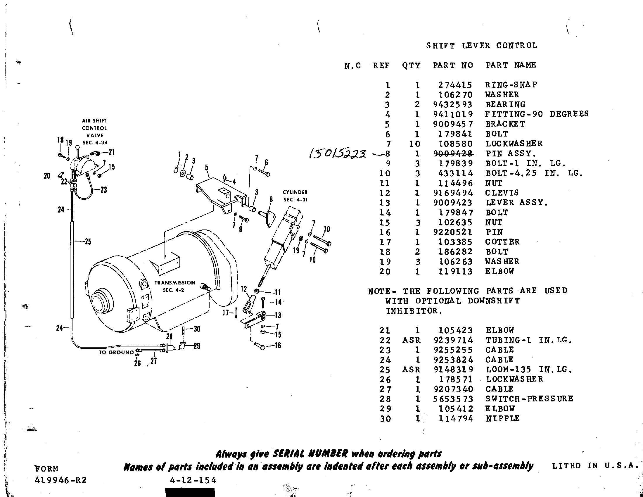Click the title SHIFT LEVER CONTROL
tap(481, 46)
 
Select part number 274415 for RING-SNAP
tap(455, 85)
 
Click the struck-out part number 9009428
tap(453, 153)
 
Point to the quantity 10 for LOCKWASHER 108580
tap(414, 144)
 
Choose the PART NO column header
tap(453, 65)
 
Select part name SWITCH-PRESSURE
tap(529, 399)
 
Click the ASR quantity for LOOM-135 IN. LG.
tap(411, 370)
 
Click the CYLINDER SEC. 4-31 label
tap(295, 196)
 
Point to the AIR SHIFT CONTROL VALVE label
tap(94, 132)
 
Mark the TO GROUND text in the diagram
tap(116, 353)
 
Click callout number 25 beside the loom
tap(88, 242)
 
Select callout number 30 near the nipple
tap(197, 329)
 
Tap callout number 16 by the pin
tap(278, 345)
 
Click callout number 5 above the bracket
tap(207, 168)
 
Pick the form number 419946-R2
tap(61, 480)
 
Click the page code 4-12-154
tap(193, 480)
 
